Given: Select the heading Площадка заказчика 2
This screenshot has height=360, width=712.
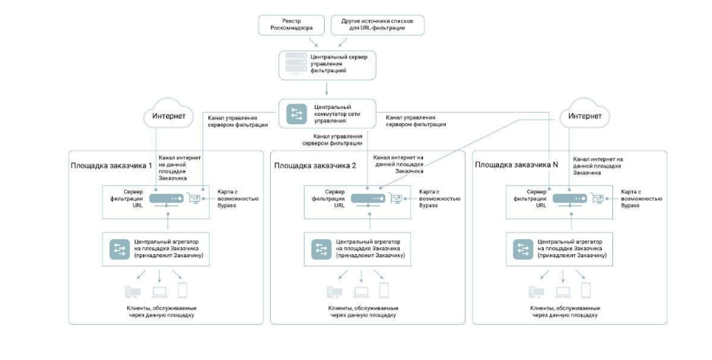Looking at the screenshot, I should tap(314, 165).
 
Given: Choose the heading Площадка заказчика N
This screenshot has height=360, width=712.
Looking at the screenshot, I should tap(517, 165).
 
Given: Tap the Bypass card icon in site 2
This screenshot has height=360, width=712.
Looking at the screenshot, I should tap(396, 199).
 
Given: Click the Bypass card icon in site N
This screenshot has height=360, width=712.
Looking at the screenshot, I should tap(599, 199).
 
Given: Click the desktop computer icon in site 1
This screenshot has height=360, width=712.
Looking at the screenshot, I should tap(130, 291).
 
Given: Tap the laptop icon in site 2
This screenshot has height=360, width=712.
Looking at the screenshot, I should tap(361, 291).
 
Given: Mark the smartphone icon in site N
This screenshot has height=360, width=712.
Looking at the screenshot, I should tap(586, 291).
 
